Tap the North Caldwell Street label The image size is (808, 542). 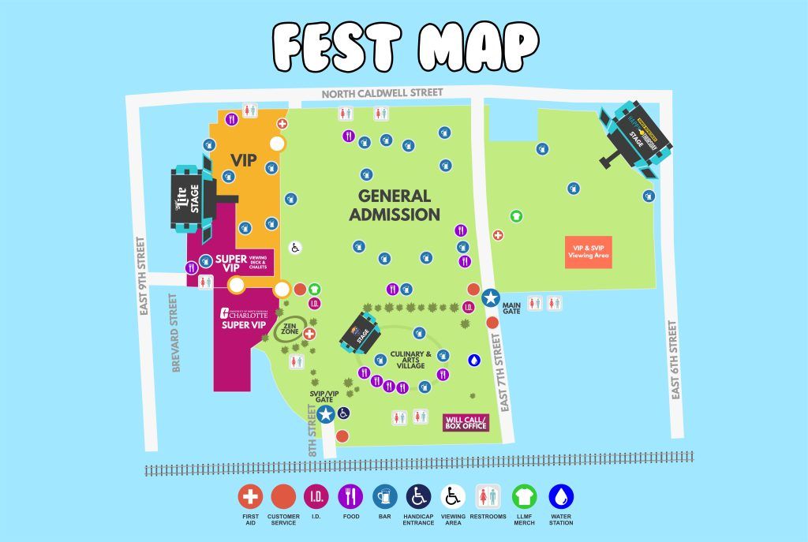(383, 93)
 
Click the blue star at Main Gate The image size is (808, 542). (491, 298)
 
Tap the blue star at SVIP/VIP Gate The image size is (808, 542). (325, 412)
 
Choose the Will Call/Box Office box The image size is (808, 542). (466, 422)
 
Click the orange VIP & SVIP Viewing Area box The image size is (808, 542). (588, 252)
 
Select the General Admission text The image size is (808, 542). (395, 205)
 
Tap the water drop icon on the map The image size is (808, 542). (474, 360)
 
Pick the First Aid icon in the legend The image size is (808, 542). (251, 496)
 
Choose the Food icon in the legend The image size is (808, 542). (350, 496)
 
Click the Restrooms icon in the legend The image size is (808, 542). (486, 496)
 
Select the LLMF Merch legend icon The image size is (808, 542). (524, 496)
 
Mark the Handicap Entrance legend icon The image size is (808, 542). (418, 496)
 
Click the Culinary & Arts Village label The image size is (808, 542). (410, 360)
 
